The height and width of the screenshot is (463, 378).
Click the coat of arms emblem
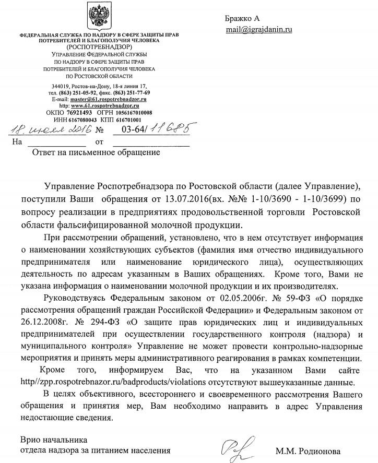[x=98, y=17]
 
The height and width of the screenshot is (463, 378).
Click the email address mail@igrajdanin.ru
[x=259, y=29]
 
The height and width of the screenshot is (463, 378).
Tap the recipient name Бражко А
[x=239, y=18]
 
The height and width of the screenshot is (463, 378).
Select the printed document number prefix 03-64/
[x=133, y=129]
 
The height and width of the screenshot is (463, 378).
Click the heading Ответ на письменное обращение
[x=96, y=153]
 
